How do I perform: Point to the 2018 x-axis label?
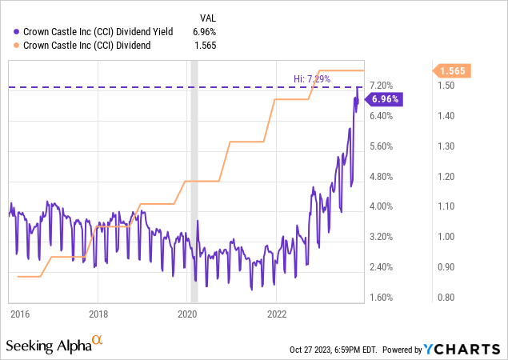coord(98,314)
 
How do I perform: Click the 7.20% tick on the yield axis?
coord(381,86)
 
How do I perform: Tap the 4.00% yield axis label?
coord(381,206)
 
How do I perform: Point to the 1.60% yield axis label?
coord(381,298)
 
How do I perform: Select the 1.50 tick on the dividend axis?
coord(444,86)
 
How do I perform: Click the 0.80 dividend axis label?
coord(444,298)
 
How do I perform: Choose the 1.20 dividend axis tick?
coord(444,176)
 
